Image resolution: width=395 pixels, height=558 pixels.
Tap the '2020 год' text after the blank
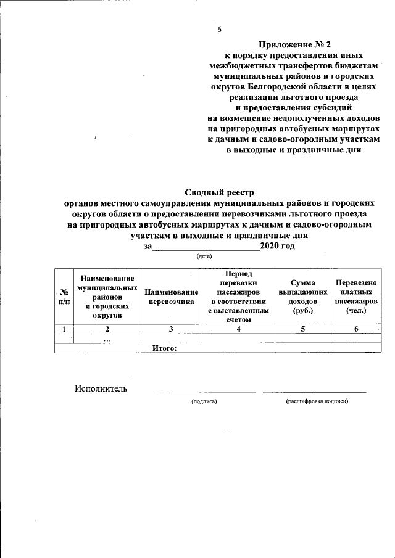(x=277, y=246)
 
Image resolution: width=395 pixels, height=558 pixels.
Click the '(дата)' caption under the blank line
(x=204, y=255)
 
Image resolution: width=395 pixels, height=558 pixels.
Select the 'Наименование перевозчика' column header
(x=172, y=297)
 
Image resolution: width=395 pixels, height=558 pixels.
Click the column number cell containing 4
(x=239, y=329)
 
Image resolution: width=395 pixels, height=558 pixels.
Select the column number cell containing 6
(x=356, y=329)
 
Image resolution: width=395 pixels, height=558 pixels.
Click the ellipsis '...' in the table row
(x=107, y=339)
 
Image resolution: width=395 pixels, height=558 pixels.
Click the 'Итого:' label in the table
(x=164, y=348)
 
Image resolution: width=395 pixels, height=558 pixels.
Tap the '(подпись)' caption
(x=204, y=401)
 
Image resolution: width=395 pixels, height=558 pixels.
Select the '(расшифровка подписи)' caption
(x=317, y=401)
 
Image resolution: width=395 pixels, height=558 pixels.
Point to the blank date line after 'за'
(x=206, y=247)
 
